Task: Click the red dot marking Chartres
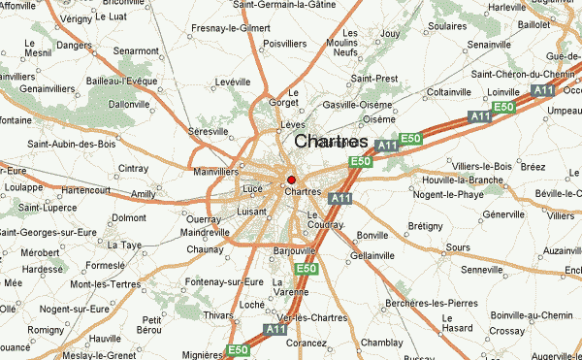tap(291, 180)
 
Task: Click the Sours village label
tap(459, 248)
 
